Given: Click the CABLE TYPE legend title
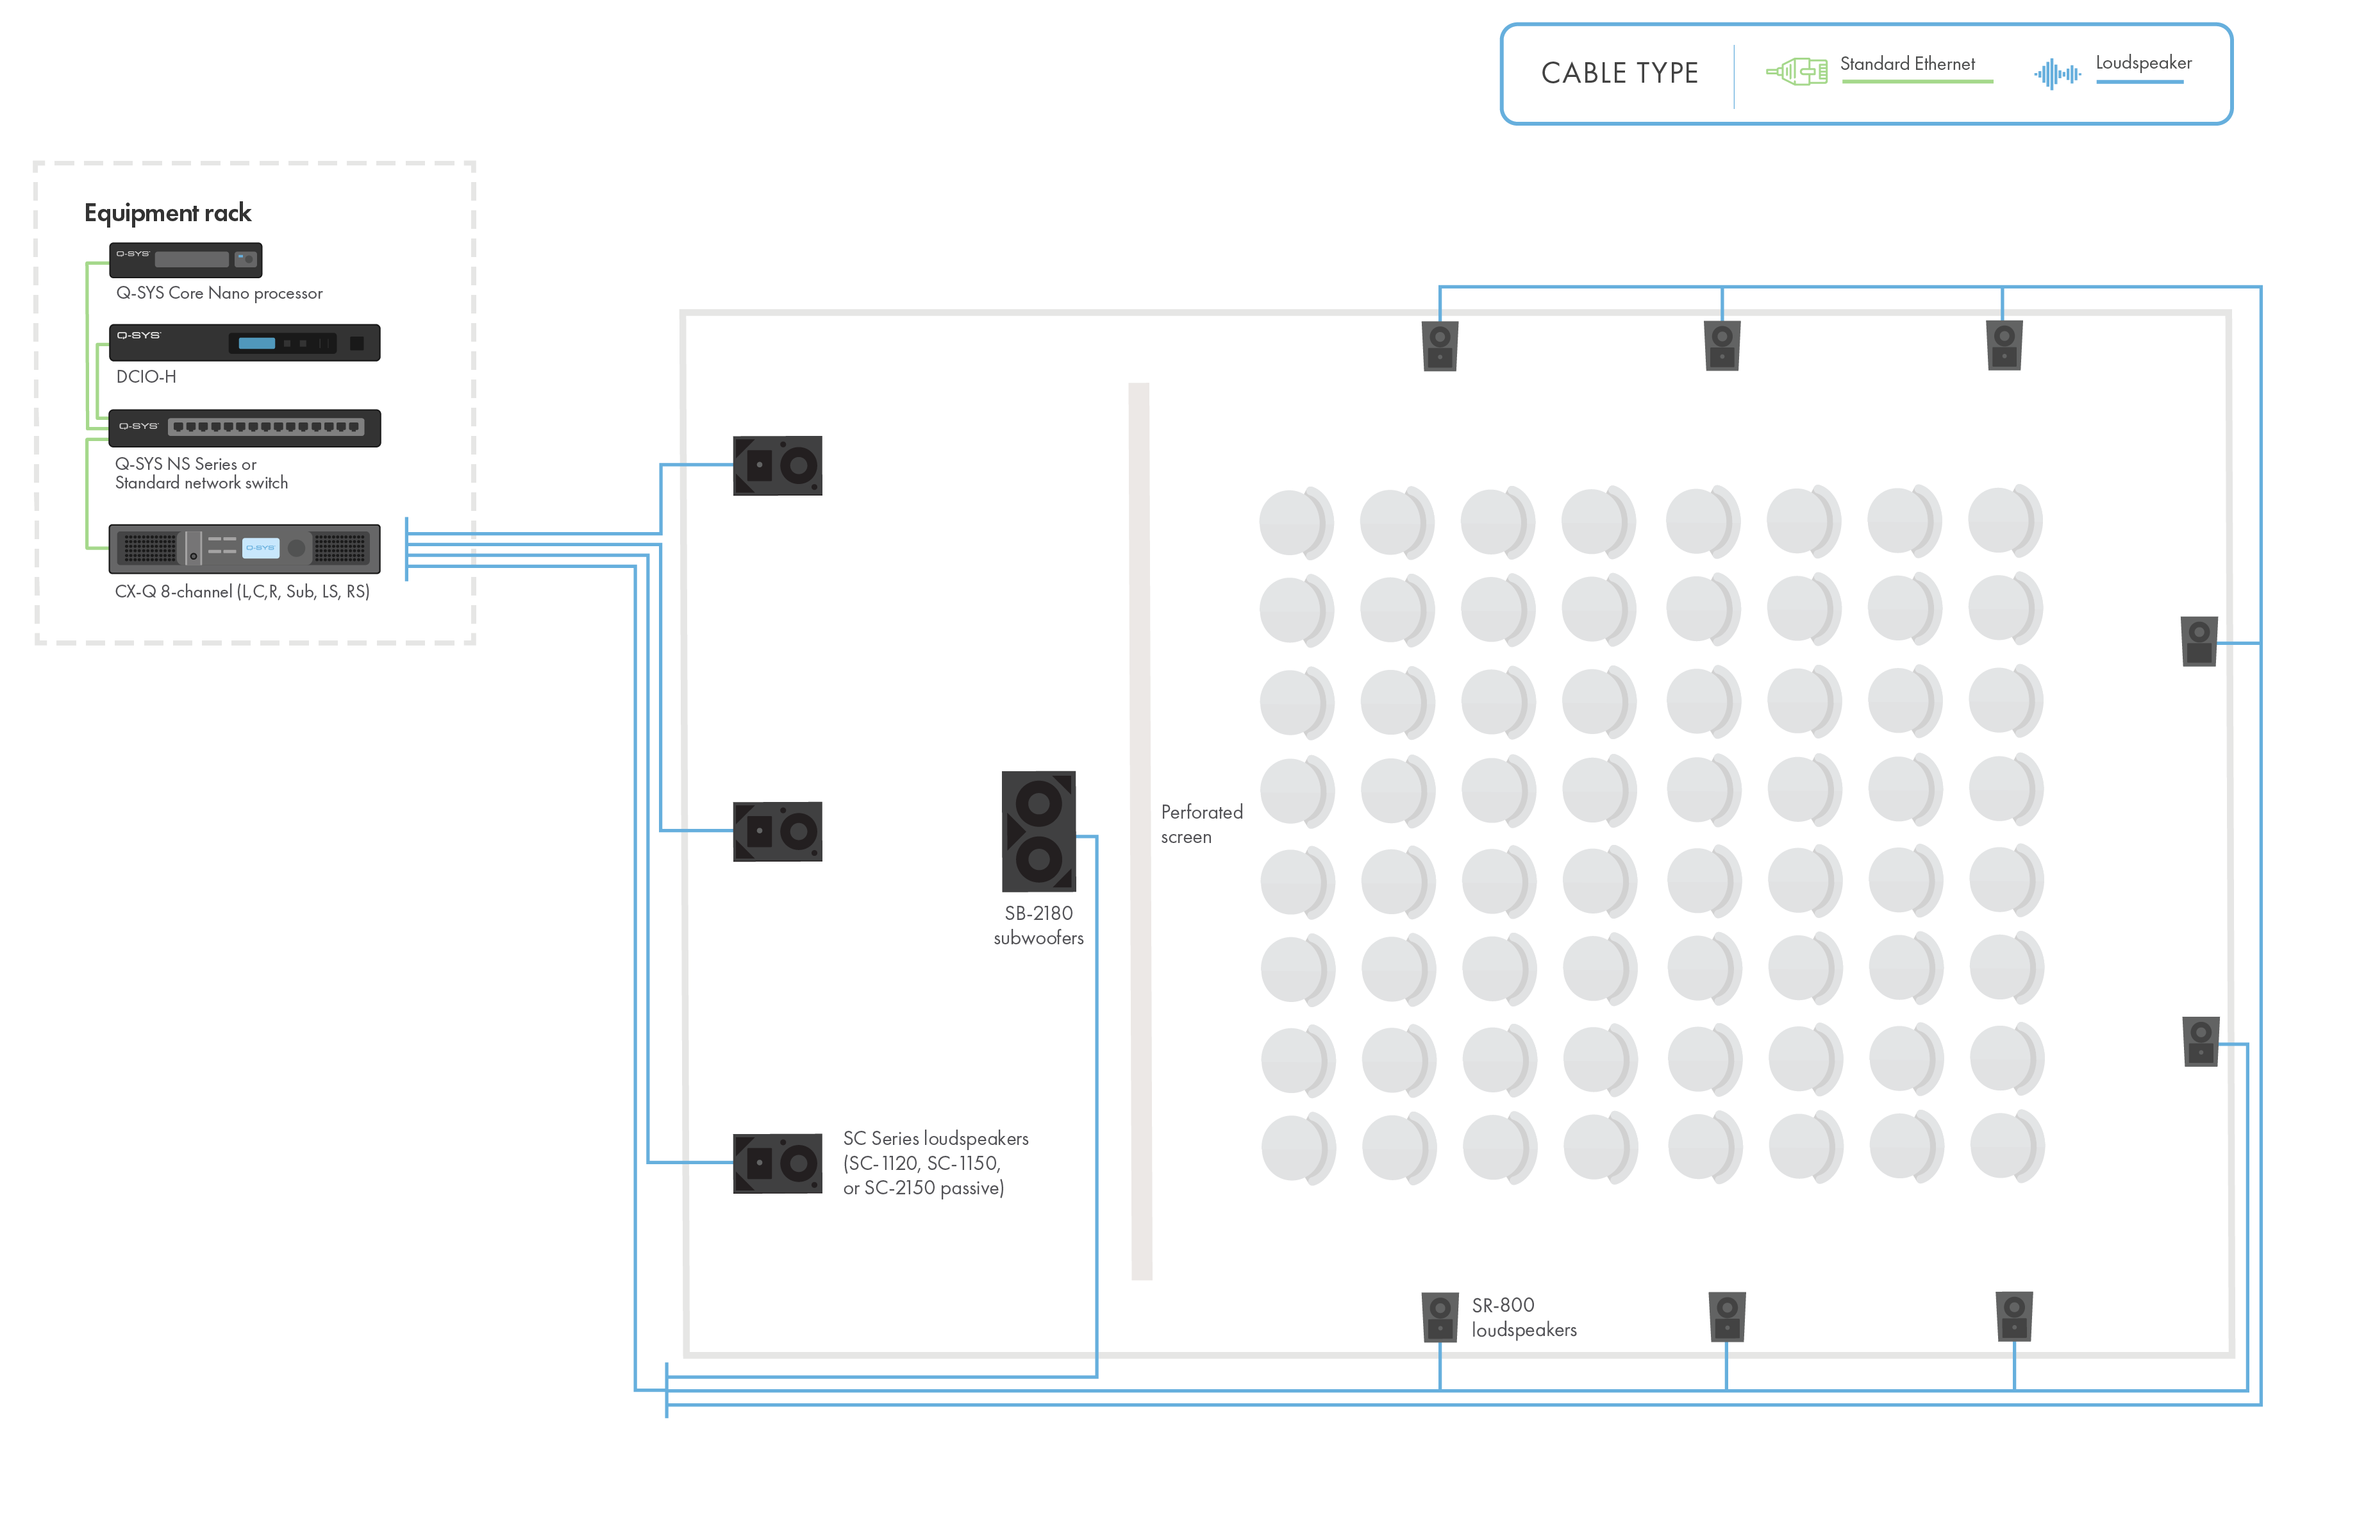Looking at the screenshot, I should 1619,73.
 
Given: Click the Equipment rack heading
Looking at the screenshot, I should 167,212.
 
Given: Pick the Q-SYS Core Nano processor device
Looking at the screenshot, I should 187,260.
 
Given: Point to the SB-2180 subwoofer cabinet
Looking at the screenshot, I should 1038,831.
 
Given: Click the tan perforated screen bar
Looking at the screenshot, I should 1140,831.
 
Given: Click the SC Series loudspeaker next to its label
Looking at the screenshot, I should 778,1163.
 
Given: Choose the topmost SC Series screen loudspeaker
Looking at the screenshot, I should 778,465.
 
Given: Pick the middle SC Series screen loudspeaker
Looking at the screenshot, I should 778,831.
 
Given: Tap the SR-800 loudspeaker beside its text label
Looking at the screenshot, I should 1440,1317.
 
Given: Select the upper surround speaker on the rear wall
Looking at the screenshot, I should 2199,641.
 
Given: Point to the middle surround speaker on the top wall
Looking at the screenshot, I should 1722,345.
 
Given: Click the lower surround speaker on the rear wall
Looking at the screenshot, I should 2201,1041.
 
